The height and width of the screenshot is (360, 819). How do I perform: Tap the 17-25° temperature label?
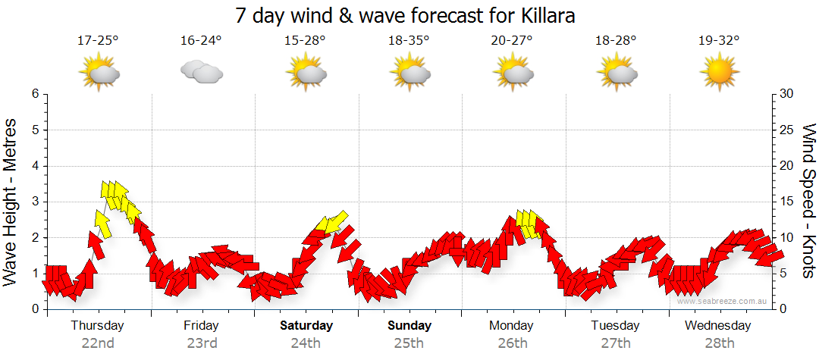(x=98, y=41)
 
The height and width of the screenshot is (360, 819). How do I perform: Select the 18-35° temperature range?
(x=409, y=41)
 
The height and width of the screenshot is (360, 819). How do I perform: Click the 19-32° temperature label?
(x=719, y=41)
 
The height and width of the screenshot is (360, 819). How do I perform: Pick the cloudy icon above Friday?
(x=201, y=73)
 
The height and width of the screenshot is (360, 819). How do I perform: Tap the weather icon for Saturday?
(x=306, y=73)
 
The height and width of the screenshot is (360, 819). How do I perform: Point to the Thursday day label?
(x=97, y=326)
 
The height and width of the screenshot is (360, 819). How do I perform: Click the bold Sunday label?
(x=409, y=326)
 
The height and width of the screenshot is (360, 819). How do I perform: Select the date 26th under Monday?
(x=512, y=343)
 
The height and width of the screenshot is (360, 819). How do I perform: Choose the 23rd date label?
(x=201, y=343)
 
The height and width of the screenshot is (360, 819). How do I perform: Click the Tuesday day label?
(x=616, y=326)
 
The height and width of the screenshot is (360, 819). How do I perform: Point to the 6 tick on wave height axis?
(x=35, y=94)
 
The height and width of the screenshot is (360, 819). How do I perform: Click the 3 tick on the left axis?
(x=35, y=202)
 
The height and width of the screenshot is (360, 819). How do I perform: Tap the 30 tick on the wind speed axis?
(x=787, y=94)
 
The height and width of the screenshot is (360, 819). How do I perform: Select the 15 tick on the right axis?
(x=787, y=202)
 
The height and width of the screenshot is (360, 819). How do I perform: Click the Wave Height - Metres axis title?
(x=11, y=202)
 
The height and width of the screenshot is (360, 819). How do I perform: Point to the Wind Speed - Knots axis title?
(x=808, y=202)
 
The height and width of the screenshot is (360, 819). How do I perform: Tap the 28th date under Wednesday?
(x=719, y=343)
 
